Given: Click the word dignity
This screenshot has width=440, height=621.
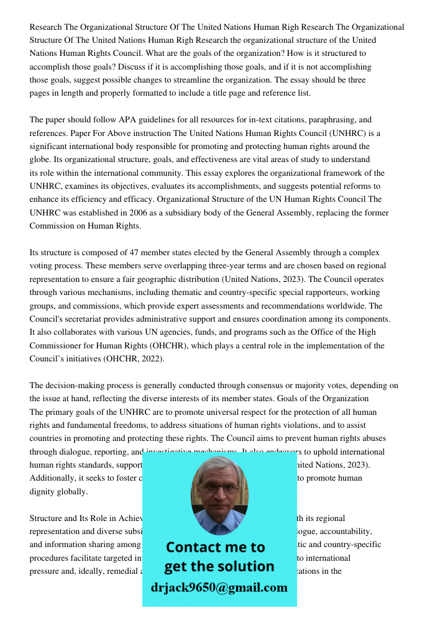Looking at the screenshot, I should (43, 492).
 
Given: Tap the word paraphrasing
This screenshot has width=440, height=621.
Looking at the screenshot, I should (324, 119).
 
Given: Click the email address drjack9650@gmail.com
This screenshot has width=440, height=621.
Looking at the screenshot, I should (219, 587).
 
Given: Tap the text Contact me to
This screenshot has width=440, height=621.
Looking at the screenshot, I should (215, 547).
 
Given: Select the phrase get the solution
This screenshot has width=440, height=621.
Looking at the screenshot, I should (219, 566).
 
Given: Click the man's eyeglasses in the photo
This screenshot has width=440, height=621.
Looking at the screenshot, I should (219, 488).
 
